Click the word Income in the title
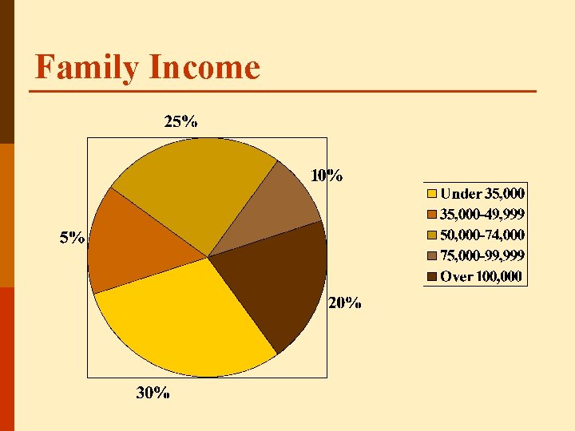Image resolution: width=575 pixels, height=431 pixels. point(204,67)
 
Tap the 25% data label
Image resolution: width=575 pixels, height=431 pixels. point(181,121)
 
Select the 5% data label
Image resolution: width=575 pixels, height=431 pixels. point(73,238)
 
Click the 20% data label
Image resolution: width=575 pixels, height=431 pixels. point(345,303)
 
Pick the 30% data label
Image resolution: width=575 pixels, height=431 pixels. point(153,393)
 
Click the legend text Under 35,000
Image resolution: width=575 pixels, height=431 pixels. point(482,193)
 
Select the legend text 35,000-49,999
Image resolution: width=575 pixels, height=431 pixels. point(482,214)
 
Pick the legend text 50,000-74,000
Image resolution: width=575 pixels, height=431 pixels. point(482,235)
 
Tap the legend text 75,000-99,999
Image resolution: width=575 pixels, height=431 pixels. point(482,255)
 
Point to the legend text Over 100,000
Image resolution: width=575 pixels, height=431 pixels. point(481,276)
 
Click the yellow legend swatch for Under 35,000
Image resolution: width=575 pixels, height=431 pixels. point(432,193)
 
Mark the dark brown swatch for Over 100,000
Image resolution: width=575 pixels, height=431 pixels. point(432,276)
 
